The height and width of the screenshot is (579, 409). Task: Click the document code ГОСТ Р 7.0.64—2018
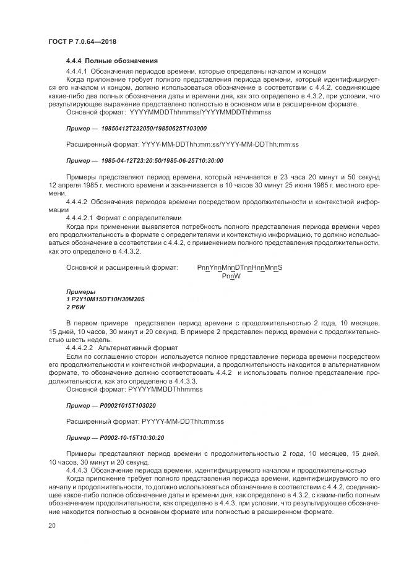[x=82, y=41]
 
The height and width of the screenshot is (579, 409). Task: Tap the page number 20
[x=51, y=526]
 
